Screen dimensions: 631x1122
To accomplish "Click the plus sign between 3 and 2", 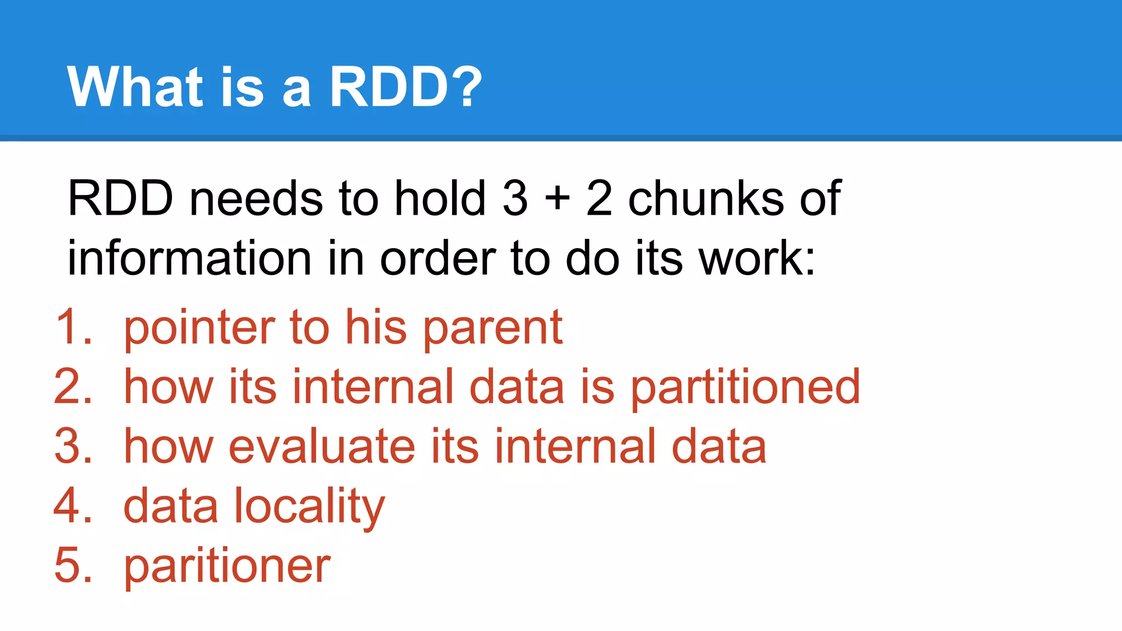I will click(557, 198).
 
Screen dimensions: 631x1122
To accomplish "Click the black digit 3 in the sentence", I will click(515, 198).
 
